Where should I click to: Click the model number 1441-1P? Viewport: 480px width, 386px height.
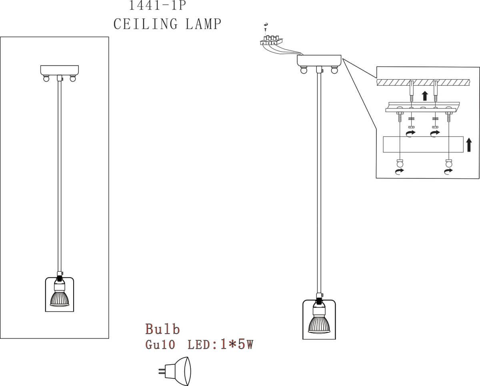pyautogui.click(x=158, y=6)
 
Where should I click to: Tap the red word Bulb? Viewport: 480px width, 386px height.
pyautogui.click(x=162, y=329)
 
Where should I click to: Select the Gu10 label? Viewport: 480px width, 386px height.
pyautogui.click(x=160, y=345)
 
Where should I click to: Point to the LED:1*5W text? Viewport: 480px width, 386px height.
pyautogui.click(x=220, y=345)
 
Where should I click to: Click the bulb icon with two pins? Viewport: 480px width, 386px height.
pyautogui.click(x=176, y=371)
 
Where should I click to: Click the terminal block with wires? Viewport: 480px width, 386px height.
pyautogui.click(x=271, y=41)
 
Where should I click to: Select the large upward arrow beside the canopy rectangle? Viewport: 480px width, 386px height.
pyautogui.click(x=469, y=145)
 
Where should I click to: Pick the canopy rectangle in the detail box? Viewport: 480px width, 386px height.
pyautogui.click(x=423, y=144)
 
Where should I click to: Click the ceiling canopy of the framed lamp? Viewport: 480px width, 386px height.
pyautogui.click(x=60, y=70)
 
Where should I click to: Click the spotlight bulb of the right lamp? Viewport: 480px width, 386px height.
pyautogui.click(x=319, y=322)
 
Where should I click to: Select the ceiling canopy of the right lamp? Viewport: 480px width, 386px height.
pyautogui.click(x=319, y=60)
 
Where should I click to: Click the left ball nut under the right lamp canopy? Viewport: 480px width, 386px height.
pyautogui.click(x=304, y=70)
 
